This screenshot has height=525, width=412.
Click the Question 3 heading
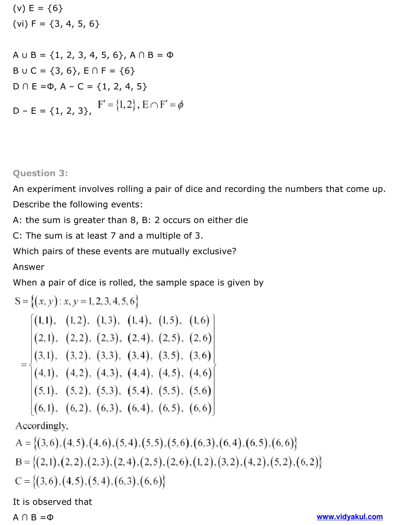pos(40,173)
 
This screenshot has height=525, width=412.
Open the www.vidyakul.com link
pos(349,517)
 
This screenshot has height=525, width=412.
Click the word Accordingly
pos(42,426)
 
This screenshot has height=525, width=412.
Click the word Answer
pos(29,267)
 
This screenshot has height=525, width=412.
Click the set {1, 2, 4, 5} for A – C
pos(122,86)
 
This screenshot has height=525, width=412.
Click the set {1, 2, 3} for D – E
pos(70,111)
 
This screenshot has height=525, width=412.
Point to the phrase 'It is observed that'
pos(52,502)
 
